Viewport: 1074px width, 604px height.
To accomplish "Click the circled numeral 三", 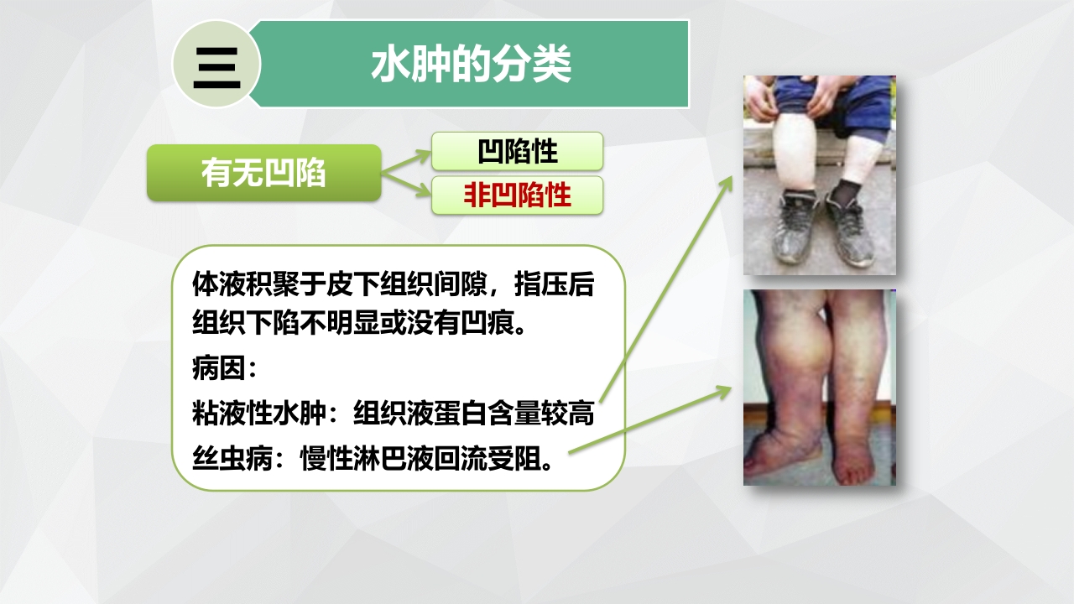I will [216, 65].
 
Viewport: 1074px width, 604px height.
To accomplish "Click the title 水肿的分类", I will [471, 65].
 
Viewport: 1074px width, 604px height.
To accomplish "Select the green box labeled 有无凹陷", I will [263, 173].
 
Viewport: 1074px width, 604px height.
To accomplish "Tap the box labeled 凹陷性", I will [518, 152].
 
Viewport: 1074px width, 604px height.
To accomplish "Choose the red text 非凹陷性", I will [518, 195].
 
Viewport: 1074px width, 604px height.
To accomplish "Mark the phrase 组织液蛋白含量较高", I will [475, 414].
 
